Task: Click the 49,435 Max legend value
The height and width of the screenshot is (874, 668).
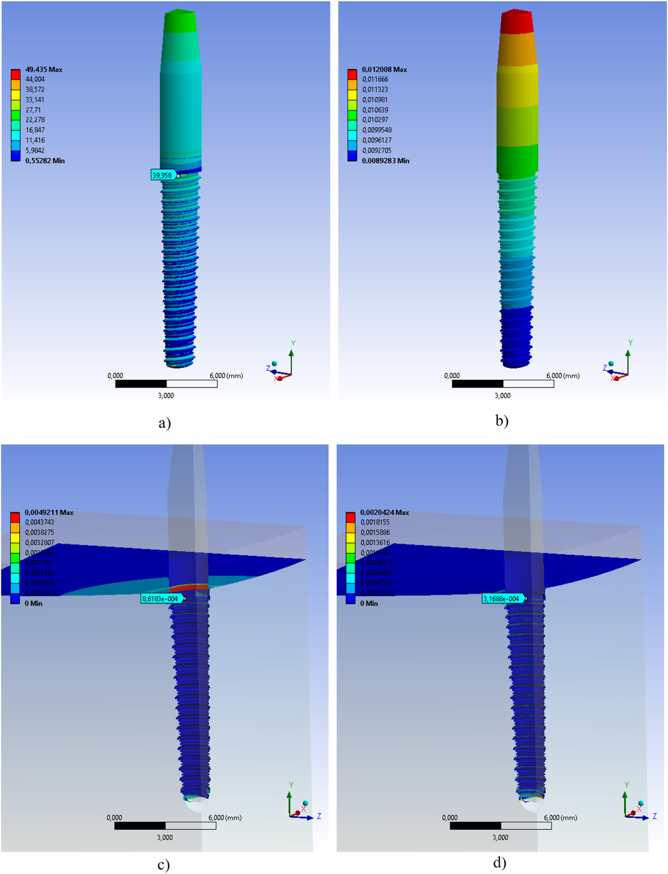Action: (x=43, y=70)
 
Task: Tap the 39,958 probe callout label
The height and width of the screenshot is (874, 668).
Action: (x=162, y=175)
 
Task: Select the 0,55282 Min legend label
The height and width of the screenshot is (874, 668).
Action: (x=45, y=161)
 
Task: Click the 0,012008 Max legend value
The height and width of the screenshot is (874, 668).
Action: (x=384, y=70)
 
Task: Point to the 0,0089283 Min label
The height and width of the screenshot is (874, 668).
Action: (x=385, y=161)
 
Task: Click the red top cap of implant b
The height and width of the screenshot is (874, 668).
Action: (x=517, y=22)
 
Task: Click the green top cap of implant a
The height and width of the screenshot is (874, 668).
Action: (x=180, y=22)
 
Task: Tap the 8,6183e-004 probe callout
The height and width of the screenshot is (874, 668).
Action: (x=161, y=599)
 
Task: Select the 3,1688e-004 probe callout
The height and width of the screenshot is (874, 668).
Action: (x=502, y=599)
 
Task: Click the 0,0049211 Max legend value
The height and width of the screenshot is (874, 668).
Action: (x=49, y=512)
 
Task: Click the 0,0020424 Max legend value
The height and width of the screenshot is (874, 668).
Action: (x=385, y=512)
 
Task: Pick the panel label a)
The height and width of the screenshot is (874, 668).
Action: (x=165, y=423)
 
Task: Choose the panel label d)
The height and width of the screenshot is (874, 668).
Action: (x=500, y=862)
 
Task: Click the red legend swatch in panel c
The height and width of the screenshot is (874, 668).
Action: (x=15, y=517)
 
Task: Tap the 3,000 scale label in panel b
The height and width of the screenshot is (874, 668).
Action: (x=502, y=396)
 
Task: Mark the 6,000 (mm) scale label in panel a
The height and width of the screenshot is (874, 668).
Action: (x=226, y=375)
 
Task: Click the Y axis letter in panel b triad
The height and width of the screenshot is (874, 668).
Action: (x=630, y=343)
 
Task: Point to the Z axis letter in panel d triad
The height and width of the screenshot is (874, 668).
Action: (x=654, y=816)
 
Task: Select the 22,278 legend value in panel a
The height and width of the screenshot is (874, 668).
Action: (x=35, y=120)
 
